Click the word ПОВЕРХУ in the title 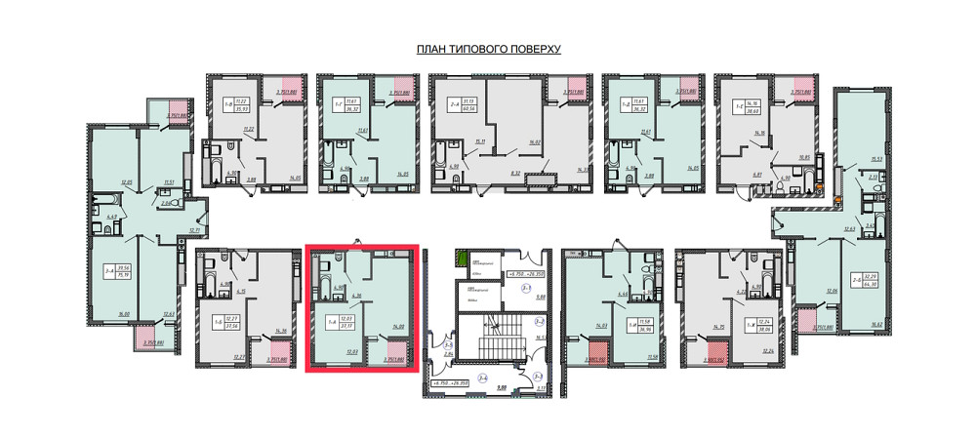532,49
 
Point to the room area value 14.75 722,328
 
